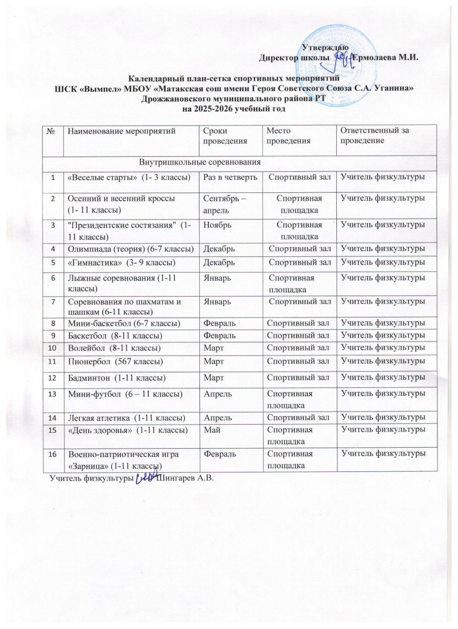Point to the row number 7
click(x=52, y=301)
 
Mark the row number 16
click(x=52, y=453)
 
